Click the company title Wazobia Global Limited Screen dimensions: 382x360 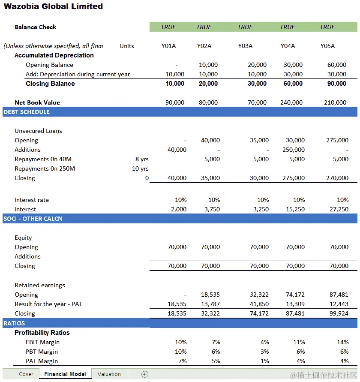tap(54, 6)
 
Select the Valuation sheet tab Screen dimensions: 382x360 tap(109, 374)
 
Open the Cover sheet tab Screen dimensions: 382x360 tap(26, 374)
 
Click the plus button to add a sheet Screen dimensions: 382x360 tap(145, 374)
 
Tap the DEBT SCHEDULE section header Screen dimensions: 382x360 tap(27, 112)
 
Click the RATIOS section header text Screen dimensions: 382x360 tap(14, 323)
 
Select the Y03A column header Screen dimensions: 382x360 tap(245, 46)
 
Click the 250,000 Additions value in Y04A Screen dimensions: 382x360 tap(294, 150)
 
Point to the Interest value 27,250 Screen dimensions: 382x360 tap(337, 209)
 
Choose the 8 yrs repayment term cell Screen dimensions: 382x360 tap(142, 159)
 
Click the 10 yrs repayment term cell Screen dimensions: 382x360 tap(140, 168)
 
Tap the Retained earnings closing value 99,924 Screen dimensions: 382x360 tap(337, 313)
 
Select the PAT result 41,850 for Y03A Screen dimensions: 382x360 tap(258, 304)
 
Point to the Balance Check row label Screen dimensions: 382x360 tap(36, 27)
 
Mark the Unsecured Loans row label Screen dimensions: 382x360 tap(38, 131)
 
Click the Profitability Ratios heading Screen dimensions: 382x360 tap(42, 333)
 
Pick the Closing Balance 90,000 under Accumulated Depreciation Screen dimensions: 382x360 tap(337, 84)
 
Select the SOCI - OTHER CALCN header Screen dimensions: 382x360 tap(33, 219)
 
